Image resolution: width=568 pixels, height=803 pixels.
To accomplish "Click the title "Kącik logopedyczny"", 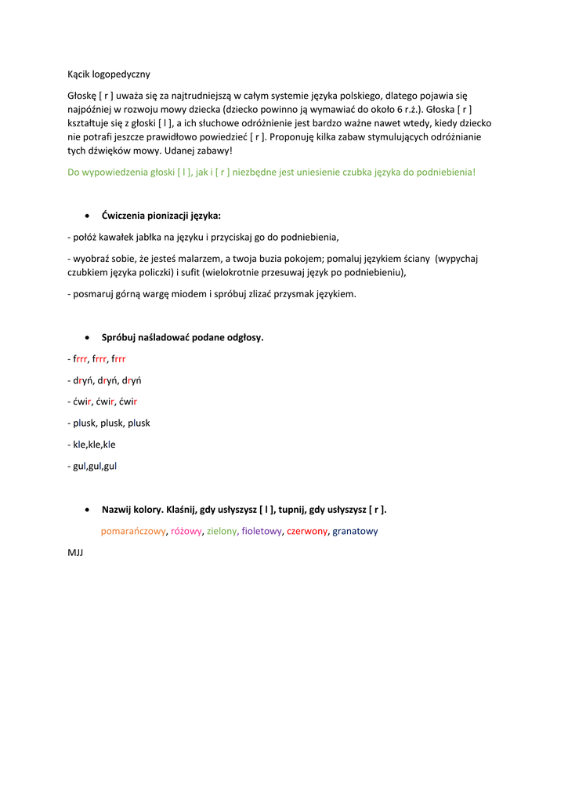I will pyautogui.click(x=108, y=75).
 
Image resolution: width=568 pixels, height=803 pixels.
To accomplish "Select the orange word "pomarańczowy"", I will pyautogui.click(x=133, y=531).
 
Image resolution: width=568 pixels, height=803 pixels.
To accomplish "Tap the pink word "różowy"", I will pyautogui.click(x=186, y=531).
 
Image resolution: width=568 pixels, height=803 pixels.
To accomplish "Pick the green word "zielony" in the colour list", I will pyautogui.click(x=222, y=531).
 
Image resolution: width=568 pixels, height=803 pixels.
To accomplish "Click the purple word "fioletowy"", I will pyautogui.click(x=262, y=531).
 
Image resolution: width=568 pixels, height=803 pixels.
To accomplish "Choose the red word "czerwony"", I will pyautogui.click(x=307, y=531).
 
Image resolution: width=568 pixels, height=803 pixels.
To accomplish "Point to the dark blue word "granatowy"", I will pyautogui.click(x=355, y=531).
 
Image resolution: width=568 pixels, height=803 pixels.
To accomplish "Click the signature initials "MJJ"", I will pyautogui.click(x=75, y=553).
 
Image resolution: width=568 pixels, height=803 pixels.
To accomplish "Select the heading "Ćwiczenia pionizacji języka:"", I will pyautogui.click(x=161, y=215).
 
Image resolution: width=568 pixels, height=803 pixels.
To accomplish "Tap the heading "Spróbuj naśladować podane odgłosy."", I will pyautogui.click(x=183, y=338).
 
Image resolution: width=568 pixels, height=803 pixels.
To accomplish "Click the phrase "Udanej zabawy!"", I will pyautogui.click(x=199, y=150).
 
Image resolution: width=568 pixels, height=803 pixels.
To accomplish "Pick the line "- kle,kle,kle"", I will pyautogui.click(x=92, y=444).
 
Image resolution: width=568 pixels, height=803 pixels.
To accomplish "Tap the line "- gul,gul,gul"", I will pyautogui.click(x=92, y=466).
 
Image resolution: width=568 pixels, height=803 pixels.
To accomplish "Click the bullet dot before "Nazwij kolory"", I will pyautogui.click(x=86, y=510).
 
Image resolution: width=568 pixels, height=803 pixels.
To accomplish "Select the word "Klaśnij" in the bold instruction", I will pyautogui.click(x=182, y=510).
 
